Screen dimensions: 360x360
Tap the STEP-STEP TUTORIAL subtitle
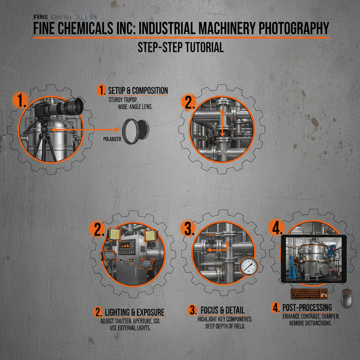[x=180, y=47]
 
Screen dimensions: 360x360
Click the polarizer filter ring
[x=135, y=131]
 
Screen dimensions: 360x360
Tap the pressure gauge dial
[x=249, y=266]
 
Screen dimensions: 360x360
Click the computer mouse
[x=346, y=298]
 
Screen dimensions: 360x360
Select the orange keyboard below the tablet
[x=309, y=294]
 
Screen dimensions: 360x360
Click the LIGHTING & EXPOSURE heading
[x=134, y=312]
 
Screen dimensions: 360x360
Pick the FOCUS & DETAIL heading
[x=222, y=310]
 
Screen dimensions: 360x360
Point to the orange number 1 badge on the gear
[x=21, y=101]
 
